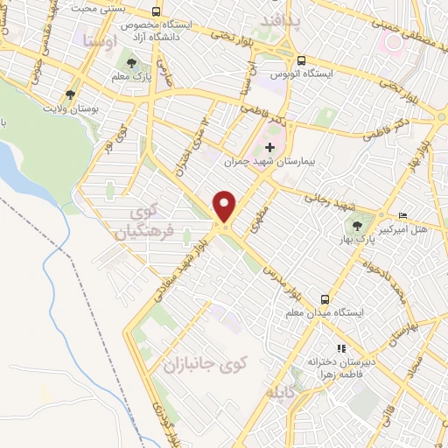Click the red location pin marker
click(225, 206)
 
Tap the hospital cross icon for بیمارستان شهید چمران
click(269, 147)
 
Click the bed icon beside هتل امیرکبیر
click(402, 215)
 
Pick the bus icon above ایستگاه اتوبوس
click(302, 61)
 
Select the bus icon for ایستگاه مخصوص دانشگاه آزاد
click(156, 12)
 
